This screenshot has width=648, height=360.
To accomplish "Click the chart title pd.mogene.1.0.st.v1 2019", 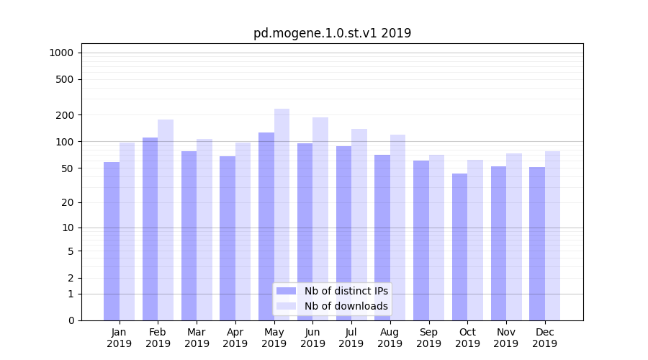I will tap(332, 33).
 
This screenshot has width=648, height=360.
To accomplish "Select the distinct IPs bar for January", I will tap(112, 241).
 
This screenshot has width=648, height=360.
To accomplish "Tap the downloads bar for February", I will tap(166, 220).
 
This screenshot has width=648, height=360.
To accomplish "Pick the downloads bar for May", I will tap(282, 215).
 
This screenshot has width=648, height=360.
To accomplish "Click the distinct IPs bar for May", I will tap(266, 226).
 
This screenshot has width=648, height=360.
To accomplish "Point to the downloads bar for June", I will tap(320, 219).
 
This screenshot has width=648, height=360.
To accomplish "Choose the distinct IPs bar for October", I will tap(459, 247).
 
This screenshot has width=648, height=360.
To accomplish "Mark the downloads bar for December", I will tap(552, 235).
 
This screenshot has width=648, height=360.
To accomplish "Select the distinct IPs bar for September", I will tap(421, 240).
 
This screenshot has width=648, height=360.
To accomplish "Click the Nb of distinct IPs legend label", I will tap(346, 291).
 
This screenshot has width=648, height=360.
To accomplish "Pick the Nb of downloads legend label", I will tap(346, 306).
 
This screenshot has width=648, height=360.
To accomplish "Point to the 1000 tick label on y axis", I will tap(61, 53).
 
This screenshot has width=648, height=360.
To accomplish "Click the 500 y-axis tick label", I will tap(65, 79).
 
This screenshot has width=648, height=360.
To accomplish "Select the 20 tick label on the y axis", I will tap(68, 202).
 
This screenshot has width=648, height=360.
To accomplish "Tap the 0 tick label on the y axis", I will tap(71, 320).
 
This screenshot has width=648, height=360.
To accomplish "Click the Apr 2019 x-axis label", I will tap(235, 338).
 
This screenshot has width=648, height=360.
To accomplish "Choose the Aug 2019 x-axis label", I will tap(390, 338).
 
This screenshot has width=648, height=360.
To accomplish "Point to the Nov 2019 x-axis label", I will tap(506, 338).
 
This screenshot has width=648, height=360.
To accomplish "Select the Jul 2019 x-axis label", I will tap(351, 338).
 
